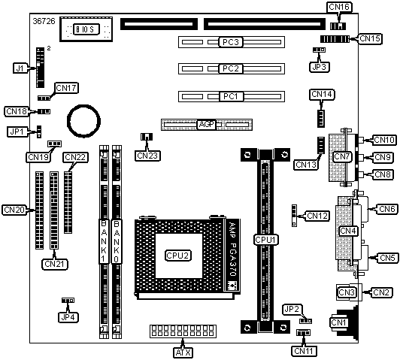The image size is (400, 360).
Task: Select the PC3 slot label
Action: (231, 42)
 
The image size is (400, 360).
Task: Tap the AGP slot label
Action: (207, 125)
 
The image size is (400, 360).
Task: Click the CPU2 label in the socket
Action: (177, 256)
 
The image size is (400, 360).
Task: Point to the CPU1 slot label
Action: (266, 240)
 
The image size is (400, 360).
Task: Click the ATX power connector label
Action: (183, 352)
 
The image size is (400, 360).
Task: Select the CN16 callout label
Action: (339, 7)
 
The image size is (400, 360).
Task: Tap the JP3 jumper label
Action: (319, 67)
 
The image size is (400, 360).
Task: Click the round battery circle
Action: (83, 120)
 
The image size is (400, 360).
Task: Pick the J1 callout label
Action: (20, 68)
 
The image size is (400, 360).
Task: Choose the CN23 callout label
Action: (147, 156)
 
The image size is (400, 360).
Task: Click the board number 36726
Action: (44, 21)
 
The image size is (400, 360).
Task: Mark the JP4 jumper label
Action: (68, 317)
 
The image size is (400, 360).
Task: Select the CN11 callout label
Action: (304, 351)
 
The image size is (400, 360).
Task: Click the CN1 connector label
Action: (338, 322)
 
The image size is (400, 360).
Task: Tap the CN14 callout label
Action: (322, 95)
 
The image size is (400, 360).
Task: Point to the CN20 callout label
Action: (14, 210)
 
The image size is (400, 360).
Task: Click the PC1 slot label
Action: (231, 96)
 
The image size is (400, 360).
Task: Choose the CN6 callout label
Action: (387, 209)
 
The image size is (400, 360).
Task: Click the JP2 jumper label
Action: (292, 309)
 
